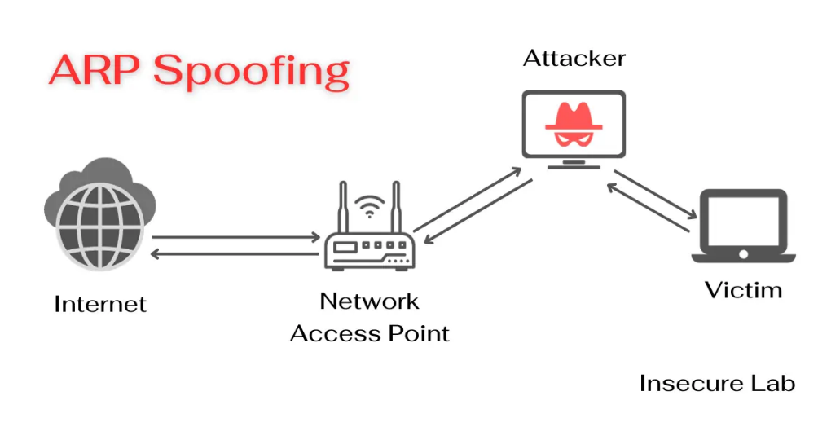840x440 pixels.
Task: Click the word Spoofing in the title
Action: pos(252,72)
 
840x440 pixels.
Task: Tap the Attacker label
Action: pos(574,59)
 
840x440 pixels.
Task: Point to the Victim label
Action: pos(743,290)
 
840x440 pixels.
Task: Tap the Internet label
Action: pos(100,305)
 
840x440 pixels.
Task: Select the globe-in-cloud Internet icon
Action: pos(96,214)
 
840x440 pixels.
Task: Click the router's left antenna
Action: pos(343,208)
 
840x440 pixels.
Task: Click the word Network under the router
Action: pos(369,301)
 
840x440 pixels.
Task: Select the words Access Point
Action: pos(370,333)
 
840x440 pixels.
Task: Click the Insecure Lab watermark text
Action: pos(717,383)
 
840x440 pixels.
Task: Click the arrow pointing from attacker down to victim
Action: pos(657,194)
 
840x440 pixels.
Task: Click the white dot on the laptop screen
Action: pos(743,253)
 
